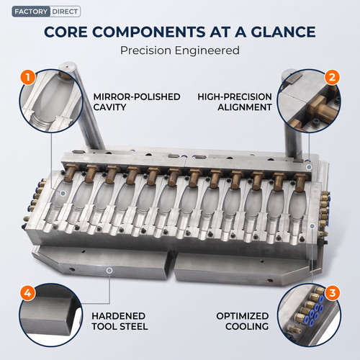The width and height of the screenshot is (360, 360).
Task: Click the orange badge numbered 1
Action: pos(28,77)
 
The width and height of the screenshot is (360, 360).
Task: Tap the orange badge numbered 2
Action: pos(332,77)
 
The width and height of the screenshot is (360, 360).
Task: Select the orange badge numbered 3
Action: pos(333,293)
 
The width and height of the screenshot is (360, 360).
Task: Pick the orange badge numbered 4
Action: pos(28,293)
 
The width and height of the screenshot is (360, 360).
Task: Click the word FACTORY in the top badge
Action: pos(31,12)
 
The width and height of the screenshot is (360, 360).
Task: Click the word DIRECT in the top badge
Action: pos(65,12)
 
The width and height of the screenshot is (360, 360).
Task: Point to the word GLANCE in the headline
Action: pos(284,32)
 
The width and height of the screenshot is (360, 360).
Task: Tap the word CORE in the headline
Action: pos(66,32)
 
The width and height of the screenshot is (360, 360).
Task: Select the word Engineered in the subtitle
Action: pos(207,51)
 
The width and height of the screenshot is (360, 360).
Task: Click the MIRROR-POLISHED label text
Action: pos(137,96)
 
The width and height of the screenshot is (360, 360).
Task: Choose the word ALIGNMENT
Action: pos(245,107)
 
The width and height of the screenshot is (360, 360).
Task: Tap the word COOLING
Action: pos(247,326)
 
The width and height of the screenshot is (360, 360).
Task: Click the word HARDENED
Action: pos(118,316)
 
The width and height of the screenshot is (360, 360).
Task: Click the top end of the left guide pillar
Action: pos(67,66)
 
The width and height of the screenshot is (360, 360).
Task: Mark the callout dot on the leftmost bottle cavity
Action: pos(63,193)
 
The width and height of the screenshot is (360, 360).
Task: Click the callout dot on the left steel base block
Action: pos(109,271)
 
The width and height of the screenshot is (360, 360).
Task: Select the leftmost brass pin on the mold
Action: pos(70,171)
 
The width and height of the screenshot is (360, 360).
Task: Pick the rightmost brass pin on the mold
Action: pos(300,181)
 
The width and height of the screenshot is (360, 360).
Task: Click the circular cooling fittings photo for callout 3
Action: pos(309,315)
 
